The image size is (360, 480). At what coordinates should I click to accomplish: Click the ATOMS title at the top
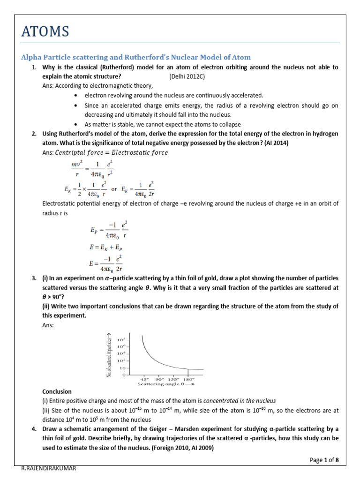click(x=45, y=31)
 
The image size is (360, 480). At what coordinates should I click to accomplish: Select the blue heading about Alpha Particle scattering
click(x=136, y=57)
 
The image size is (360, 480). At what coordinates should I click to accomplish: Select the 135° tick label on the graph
click(x=174, y=378)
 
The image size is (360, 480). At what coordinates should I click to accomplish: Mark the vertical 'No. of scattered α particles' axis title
click(x=110, y=355)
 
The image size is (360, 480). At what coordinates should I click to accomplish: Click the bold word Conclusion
click(x=57, y=391)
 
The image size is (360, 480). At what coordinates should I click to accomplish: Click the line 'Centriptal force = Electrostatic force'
click(x=112, y=152)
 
